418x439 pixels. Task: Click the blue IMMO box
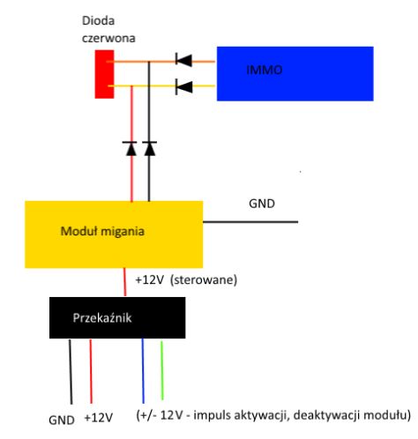coord(295,73)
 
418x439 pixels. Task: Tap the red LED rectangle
coord(104,74)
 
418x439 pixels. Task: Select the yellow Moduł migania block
coord(114,234)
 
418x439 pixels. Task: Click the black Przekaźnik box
coord(117,317)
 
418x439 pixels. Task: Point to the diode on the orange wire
coord(183,61)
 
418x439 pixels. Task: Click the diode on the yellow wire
coord(183,87)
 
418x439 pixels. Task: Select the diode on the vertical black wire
coord(149,149)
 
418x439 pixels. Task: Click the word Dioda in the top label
coord(98,21)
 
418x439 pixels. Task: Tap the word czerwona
coord(108,38)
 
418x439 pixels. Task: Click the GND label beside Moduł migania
coord(262,204)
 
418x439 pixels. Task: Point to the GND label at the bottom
coord(62,420)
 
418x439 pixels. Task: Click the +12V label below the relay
coord(99,418)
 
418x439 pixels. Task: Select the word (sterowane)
coord(204,279)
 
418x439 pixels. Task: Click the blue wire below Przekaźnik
coord(143,371)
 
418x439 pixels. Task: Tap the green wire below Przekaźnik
coord(161,370)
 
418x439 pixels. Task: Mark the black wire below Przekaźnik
coord(71,372)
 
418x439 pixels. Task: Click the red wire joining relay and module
coord(124,282)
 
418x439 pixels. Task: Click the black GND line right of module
coord(250,222)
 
